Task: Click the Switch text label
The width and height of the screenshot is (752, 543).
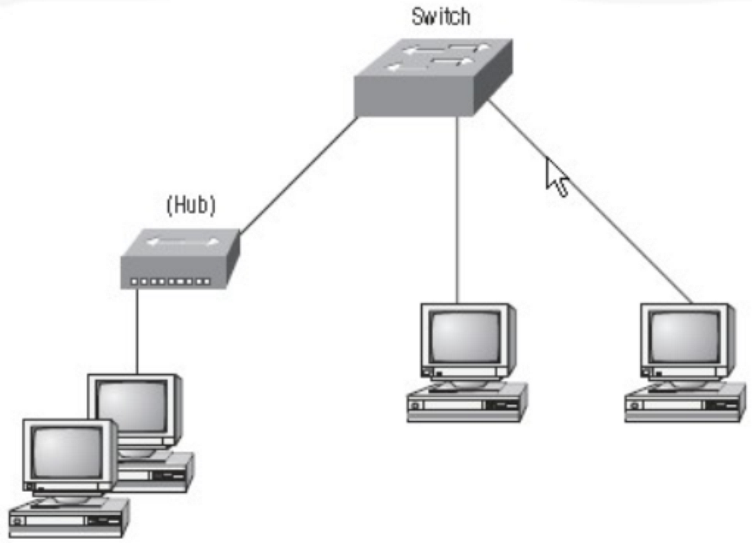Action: [440, 17]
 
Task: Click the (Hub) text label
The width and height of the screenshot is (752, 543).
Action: [191, 205]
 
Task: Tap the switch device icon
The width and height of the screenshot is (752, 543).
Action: [432, 78]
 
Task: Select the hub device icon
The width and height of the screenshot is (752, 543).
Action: [180, 259]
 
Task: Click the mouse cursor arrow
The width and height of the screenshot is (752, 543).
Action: [556, 177]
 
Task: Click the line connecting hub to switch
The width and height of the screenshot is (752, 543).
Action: [299, 175]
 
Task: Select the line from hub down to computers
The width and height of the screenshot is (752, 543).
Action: [137, 331]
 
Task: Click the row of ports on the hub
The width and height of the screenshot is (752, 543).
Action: [171, 282]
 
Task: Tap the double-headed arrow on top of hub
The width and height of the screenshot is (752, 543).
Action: [182, 242]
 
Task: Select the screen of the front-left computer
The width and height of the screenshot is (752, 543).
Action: [67, 452]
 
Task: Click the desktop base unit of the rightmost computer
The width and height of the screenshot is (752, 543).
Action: [684, 404]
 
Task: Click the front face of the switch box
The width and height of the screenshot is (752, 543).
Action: [414, 96]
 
